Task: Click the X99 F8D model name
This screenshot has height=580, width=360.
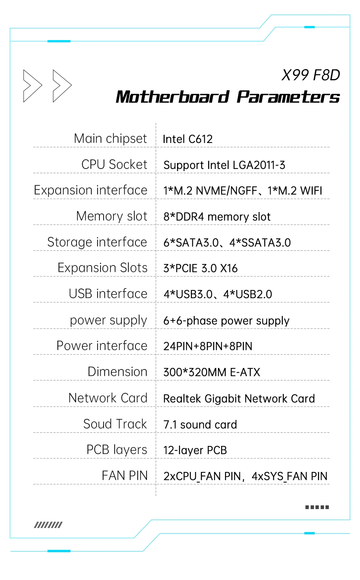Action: pos(311,75)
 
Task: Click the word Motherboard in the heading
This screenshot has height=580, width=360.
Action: pos(173,97)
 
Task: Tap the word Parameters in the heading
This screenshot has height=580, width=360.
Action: pos(288,97)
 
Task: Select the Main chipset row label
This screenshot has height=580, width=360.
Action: pos(110,139)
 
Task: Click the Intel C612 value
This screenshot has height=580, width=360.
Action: pos(187,139)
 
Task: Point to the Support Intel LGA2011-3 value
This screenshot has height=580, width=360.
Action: pos(224,165)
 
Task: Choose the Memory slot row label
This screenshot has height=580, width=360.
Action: pos(111,216)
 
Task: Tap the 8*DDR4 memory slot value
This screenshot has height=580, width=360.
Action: pos(217,217)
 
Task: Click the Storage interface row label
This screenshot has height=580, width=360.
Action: pos(97,242)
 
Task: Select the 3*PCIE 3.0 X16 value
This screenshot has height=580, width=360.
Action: pos(200,268)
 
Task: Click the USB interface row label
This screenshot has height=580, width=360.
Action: pos(108,294)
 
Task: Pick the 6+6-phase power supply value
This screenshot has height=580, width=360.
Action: pos(226,321)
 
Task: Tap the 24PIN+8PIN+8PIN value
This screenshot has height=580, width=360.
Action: pos(207,346)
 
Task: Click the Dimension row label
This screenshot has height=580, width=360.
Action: pos(117,372)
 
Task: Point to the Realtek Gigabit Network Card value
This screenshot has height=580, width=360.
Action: pos(239,399)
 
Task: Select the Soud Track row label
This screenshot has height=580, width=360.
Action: pos(115,424)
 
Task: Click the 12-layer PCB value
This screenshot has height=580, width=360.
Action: pos(195,450)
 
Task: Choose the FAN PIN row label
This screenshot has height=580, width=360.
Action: pos(125,476)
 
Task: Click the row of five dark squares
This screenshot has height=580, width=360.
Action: pos(317,507)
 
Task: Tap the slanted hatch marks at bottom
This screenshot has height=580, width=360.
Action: pos(48,525)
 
